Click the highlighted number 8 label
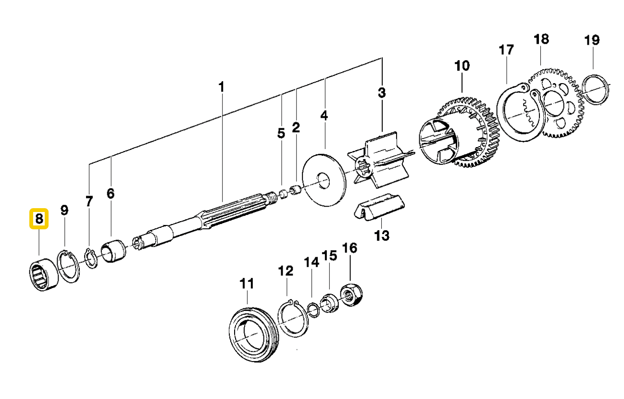click(x=39, y=220)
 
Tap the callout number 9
click(x=64, y=210)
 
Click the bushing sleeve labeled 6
click(x=113, y=252)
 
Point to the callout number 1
click(x=221, y=87)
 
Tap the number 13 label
click(x=382, y=236)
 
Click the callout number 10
click(x=461, y=65)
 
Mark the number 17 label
click(x=506, y=50)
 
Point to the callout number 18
click(x=541, y=39)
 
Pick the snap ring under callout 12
click(x=292, y=317)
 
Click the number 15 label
click(x=329, y=255)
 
